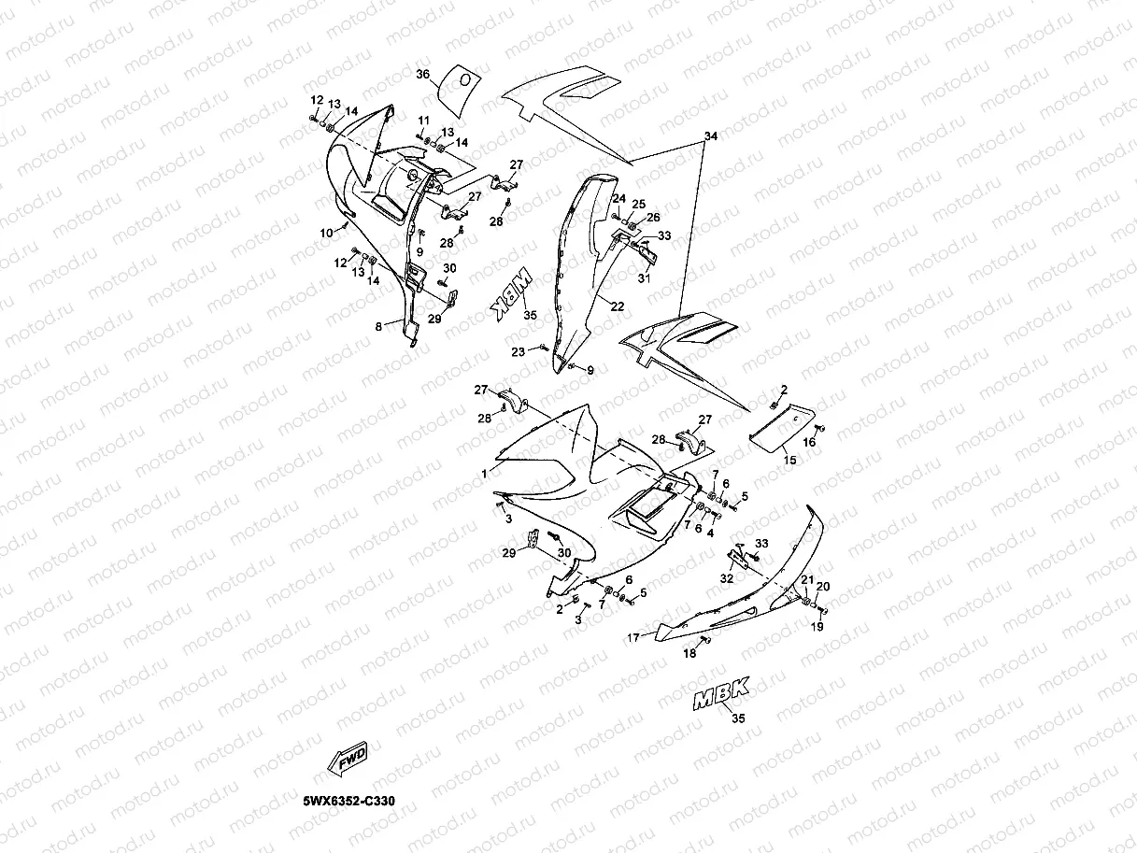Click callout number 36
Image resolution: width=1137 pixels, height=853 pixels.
(422, 75)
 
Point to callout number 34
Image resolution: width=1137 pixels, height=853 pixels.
(710, 137)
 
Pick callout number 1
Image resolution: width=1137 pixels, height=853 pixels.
(485, 474)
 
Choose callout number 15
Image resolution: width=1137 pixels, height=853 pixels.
(789, 460)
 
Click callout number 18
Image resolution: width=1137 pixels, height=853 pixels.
(689, 654)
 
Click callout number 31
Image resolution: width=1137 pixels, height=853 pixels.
(643, 277)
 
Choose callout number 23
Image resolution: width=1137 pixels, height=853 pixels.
(518, 351)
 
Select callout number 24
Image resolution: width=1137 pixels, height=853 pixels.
(618, 199)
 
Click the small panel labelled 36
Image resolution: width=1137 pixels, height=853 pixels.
(458, 81)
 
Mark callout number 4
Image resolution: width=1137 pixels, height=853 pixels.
(710, 533)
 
